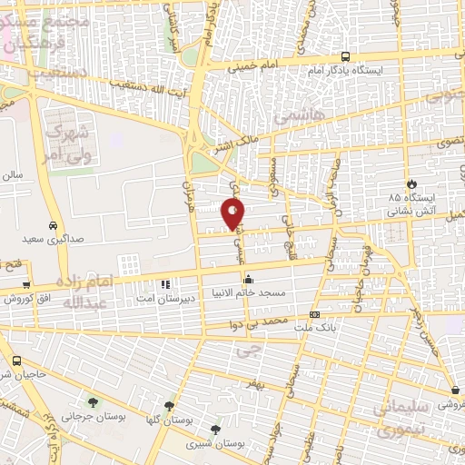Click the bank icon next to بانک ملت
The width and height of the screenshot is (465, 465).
[x=314, y=340]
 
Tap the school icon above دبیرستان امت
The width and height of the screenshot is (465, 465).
[x=163, y=283]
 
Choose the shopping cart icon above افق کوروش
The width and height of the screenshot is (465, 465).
[x=26, y=285]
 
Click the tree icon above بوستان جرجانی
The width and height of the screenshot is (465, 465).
[x=92, y=401]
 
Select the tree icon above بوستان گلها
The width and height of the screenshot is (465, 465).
[x=168, y=407]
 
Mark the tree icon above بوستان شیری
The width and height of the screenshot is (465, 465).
[x=215, y=430]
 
